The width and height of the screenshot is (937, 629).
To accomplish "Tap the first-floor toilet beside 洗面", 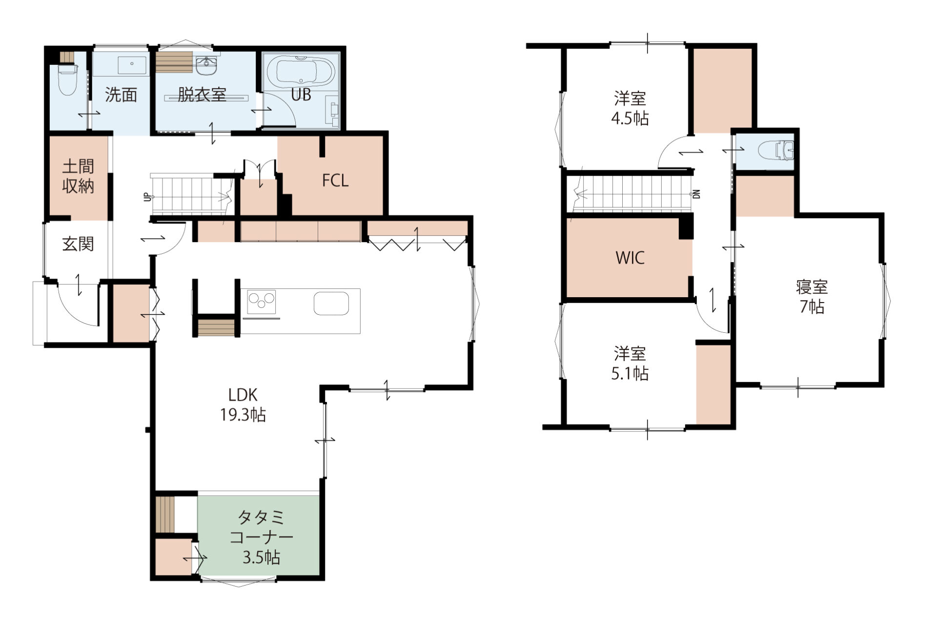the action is (68, 81).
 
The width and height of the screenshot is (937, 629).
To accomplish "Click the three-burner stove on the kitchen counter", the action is (262, 302).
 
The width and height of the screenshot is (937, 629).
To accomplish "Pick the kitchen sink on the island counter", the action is (331, 304).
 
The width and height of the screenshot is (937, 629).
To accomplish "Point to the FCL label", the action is (335, 181).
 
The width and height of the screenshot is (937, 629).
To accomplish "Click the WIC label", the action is (630, 258).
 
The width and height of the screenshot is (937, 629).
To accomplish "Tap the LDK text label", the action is (243, 394).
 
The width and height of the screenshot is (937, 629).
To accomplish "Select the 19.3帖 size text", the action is (243, 415).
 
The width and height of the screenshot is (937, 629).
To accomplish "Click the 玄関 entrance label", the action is (78, 244).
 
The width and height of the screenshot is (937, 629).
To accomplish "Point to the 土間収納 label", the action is (78, 176).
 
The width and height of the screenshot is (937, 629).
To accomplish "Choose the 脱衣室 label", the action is (202, 95).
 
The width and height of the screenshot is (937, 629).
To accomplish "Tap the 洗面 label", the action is (121, 95).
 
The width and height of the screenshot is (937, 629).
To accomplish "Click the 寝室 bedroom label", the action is (812, 287).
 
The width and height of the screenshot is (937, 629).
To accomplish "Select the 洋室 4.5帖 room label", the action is (630, 108).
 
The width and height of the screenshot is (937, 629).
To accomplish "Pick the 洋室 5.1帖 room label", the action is (630, 363).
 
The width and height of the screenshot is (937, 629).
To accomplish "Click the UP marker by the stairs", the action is (146, 197).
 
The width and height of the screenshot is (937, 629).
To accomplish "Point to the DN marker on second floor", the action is (697, 194).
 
